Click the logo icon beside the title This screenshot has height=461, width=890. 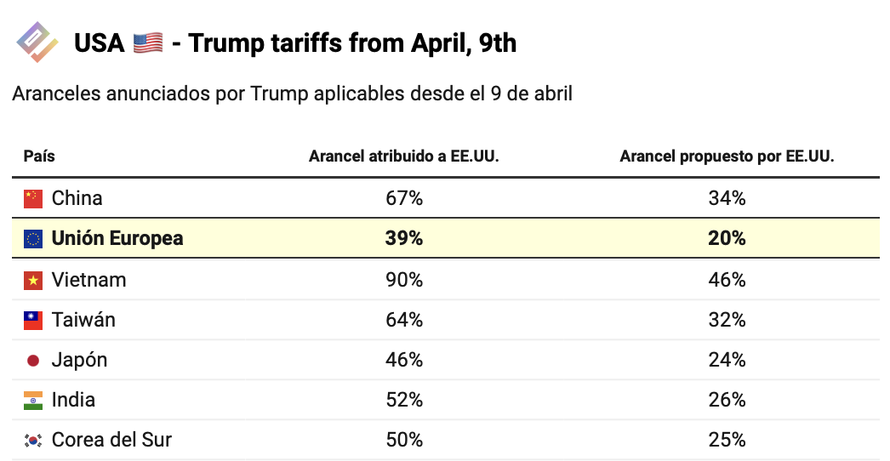tap(37, 42)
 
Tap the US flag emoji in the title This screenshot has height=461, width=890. tap(148, 43)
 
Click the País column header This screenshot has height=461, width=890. tap(39, 157)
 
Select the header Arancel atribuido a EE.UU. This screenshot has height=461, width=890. tap(403, 157)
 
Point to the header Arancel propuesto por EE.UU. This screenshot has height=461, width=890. tap(727, 157)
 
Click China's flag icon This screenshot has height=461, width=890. tap(33, 199)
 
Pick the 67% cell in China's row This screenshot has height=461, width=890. tap(403, 198)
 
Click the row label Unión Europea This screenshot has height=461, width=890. tap(117, 238)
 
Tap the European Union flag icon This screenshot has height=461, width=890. tap(33, 238)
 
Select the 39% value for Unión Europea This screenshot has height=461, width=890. tap(403, 238)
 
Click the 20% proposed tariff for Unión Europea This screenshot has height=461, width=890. tap(727, 238)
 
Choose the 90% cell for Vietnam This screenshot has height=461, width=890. tap(403, 280)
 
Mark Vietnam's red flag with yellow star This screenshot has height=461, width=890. tap(33, 281)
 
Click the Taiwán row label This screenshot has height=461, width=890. tap(83, 320)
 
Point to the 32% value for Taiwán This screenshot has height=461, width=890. tap(727, 320)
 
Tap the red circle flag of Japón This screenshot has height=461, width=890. tap(33, 361)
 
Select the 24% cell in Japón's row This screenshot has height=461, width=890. tap(727, 360)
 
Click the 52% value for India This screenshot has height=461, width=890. tap(403, 400)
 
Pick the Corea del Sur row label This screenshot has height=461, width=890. tap(111, 440)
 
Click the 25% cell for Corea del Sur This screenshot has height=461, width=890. tap(727, 440)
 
